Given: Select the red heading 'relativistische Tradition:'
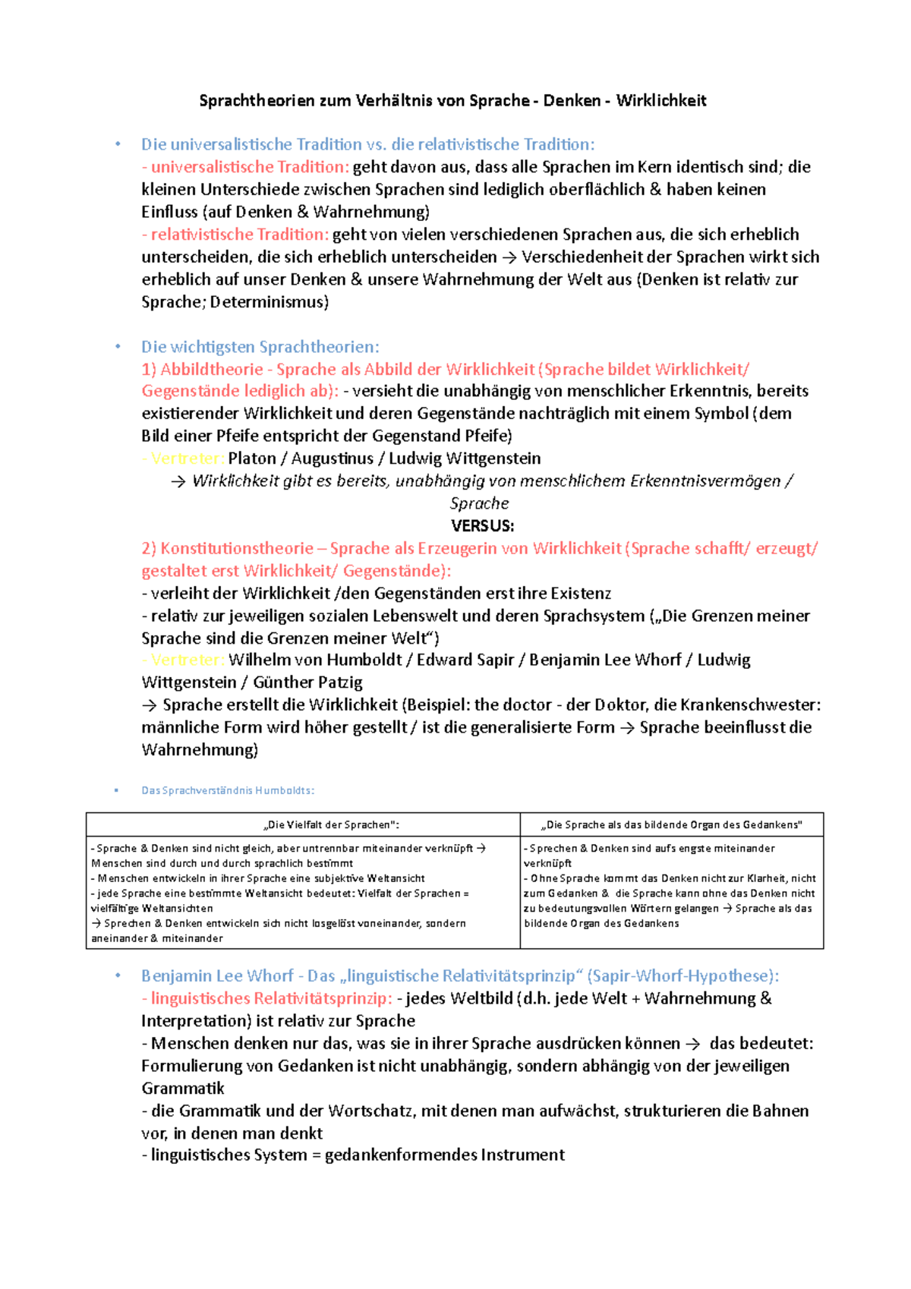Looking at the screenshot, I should coord(239,235).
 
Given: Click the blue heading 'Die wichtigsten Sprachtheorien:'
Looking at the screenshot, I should coord(260,347).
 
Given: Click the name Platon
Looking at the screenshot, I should coord(252,459).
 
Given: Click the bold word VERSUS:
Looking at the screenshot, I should coord(482,526).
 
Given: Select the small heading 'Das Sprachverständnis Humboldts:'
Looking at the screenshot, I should coord(228,790).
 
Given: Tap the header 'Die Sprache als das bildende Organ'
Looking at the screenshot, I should coord(673,825).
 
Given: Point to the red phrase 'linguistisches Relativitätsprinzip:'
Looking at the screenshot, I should coord(271,998).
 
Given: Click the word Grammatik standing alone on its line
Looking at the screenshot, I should coord(182,1089).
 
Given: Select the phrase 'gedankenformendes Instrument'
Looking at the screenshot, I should coord(444,1155).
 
